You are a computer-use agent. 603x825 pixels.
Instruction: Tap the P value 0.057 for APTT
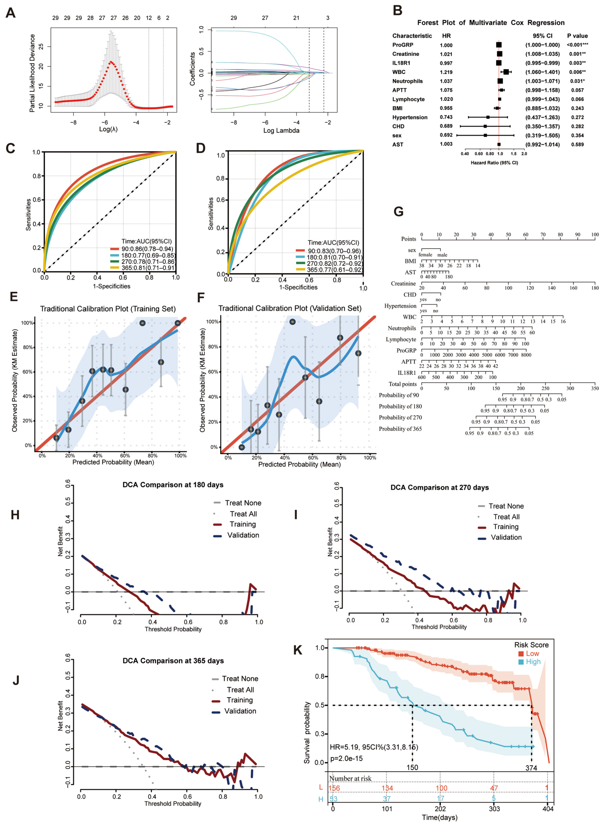577,90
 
